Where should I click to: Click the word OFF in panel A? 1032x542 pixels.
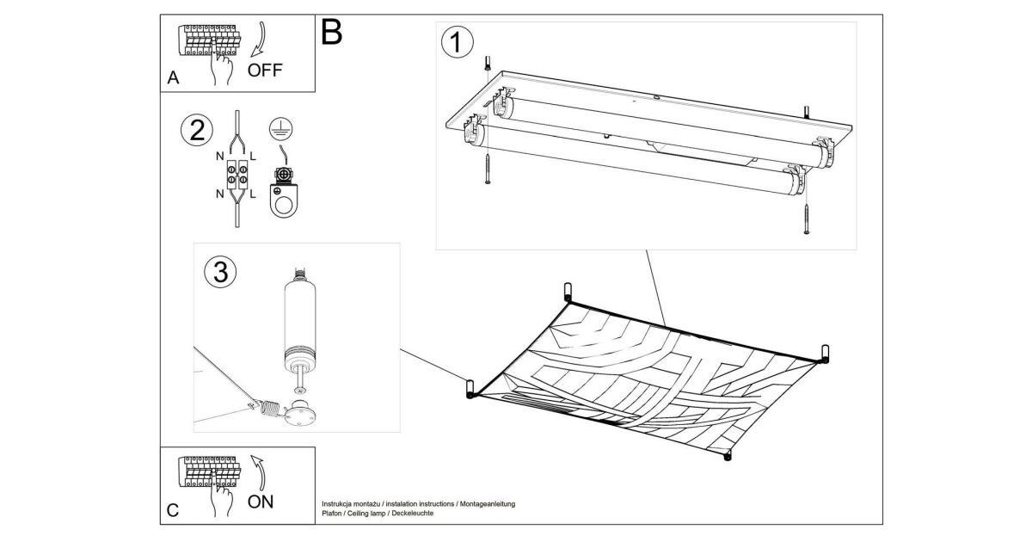[264, 71]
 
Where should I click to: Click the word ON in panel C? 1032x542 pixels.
[261, 501]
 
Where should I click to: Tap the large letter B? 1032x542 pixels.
[331, 33]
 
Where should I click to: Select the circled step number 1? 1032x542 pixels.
[457, 41]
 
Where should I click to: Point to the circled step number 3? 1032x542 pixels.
[219, 272]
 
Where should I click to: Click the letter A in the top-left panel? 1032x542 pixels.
[173, 78]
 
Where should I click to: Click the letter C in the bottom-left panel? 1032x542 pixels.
[173, 510]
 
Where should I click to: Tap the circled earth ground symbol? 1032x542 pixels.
[278, 128]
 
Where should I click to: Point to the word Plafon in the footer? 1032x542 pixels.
[332, 513]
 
